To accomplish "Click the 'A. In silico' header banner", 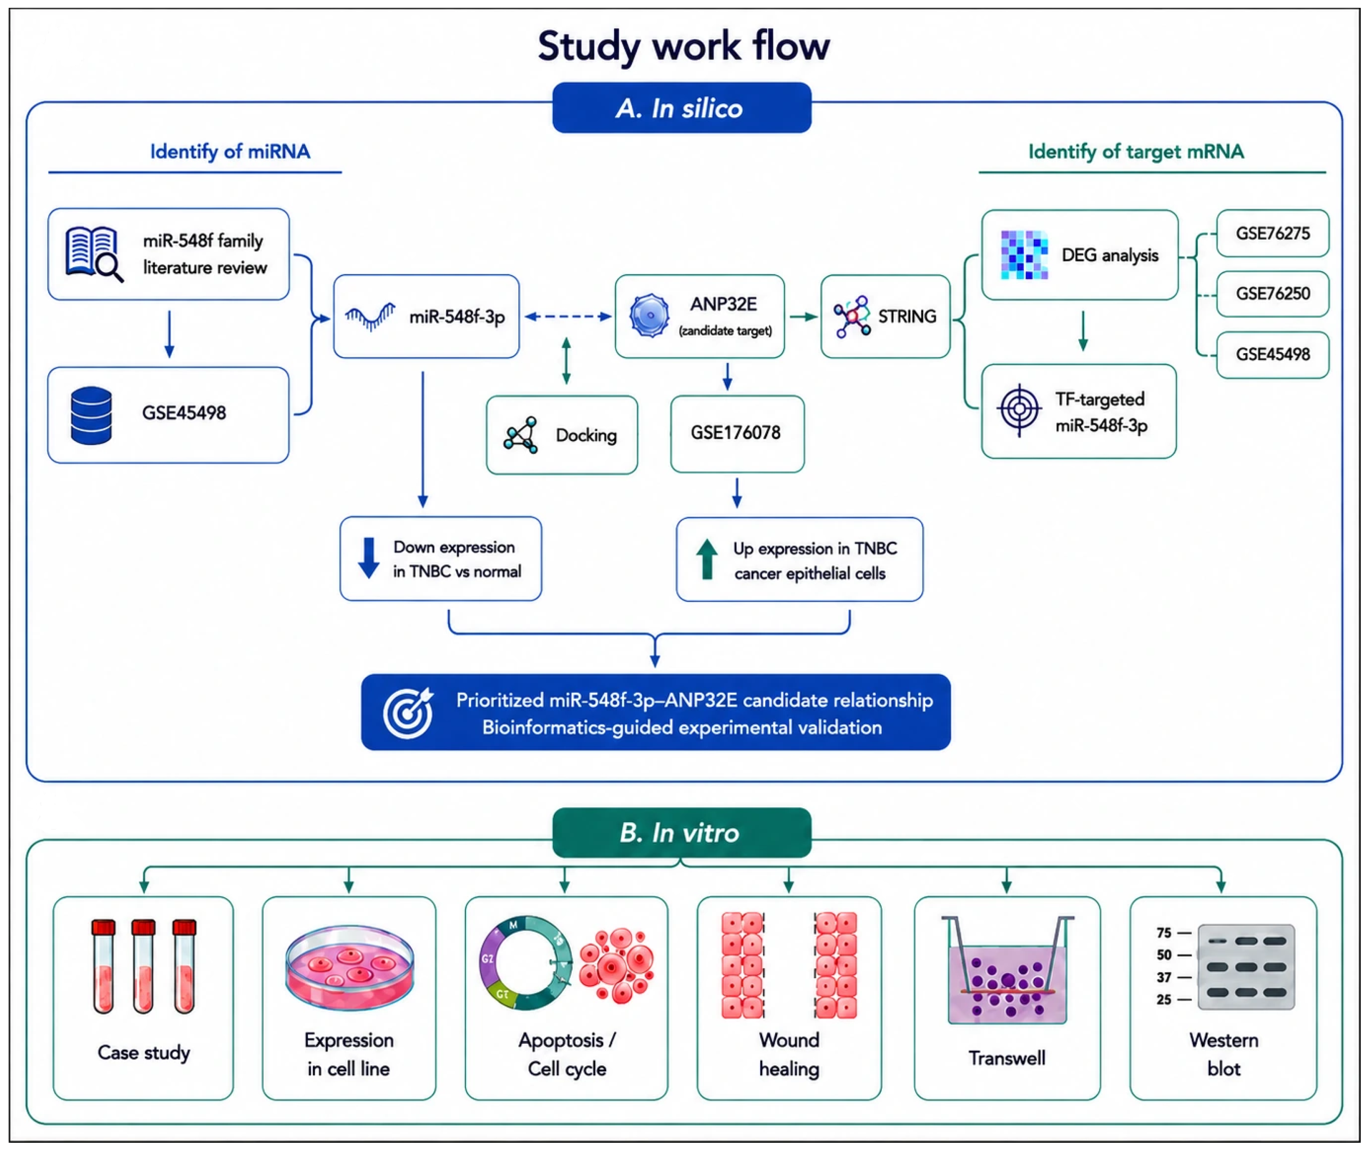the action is (681, 108).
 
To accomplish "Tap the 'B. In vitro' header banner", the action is (681, 833).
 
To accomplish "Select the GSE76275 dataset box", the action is (1272, 233).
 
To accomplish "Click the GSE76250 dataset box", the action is (1272, 294).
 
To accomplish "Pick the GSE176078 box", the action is (737, 433).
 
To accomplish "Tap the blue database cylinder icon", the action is (91, 416).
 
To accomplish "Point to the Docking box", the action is (561, 434).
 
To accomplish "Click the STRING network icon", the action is (852, 316).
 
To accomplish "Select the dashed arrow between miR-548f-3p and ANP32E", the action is (568, 316).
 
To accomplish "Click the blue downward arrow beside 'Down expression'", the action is (369, 558).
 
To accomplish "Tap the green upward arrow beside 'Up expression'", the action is (706, 559).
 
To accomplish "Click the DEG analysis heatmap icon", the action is (1024, 255).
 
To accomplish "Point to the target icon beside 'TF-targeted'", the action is (1019, 410).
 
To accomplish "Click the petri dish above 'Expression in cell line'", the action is (349, 968).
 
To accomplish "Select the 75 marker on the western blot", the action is (1164, 932).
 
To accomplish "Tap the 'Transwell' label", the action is (1007, 1058).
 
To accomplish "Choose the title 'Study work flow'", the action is (683, 46).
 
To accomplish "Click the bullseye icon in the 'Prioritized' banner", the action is (408, 712).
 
